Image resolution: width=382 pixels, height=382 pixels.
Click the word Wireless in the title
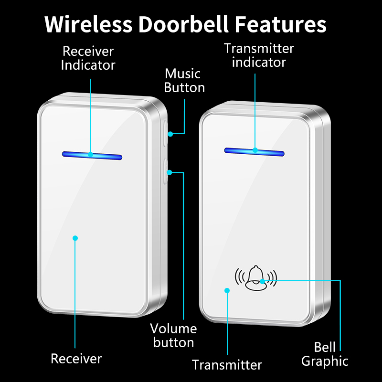pos(88,24)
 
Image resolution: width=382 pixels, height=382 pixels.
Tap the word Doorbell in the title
pos(183,24)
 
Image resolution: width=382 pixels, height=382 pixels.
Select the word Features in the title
pos(280,24)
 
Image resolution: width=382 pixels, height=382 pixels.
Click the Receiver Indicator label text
pos(88,58)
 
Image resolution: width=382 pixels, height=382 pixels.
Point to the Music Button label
pos(184,80)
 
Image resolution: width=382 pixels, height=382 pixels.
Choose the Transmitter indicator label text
pos(259,55)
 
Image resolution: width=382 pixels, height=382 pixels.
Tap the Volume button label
pos(173,336)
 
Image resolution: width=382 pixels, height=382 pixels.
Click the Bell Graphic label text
pos(325,354)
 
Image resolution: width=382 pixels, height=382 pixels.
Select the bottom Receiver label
pos(76,359)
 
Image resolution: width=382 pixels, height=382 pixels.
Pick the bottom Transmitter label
pos(227,365)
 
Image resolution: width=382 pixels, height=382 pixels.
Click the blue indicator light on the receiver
pos(92,156)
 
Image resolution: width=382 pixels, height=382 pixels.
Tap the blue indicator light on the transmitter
pos(255,152)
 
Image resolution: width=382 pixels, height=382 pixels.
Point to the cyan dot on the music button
pos(170,134)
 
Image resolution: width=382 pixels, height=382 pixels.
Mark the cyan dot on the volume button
pos(170,172)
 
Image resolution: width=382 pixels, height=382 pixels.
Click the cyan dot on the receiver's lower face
pos(75,238)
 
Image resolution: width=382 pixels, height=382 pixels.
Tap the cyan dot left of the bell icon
pos(227,290)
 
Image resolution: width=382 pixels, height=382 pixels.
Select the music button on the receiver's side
pos(166,133)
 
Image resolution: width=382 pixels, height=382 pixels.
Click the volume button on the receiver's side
pos(166,171)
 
